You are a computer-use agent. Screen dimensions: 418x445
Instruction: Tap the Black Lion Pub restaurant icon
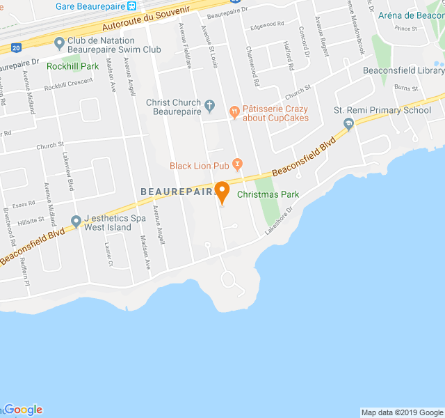[x=238, y=164]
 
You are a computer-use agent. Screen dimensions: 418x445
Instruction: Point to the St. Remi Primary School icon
[x=349, y=123]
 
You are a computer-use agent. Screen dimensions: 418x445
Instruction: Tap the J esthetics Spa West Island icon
[x=76, y=222]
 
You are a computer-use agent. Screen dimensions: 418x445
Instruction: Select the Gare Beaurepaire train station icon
[x=132, y=6]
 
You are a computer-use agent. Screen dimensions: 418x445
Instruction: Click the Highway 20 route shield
[x=16, y=48]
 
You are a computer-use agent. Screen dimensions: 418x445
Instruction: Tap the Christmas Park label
[x=268, y=194]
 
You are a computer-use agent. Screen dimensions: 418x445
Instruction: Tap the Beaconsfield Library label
[x=404, y=70]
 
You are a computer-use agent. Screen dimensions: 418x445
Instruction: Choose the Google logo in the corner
[x=22, y=410]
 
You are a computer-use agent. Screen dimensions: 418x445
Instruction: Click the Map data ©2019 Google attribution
[x=401, y=412]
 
